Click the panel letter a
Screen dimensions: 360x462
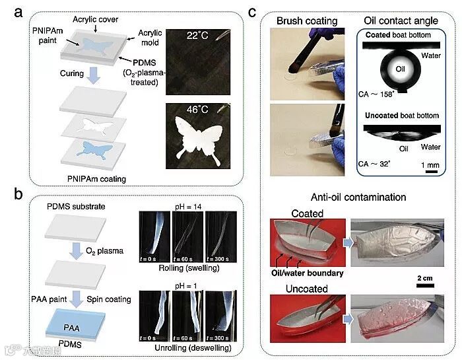pos(11,10)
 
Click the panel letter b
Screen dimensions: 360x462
pos(11,193)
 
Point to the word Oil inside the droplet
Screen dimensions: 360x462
pos(381,68)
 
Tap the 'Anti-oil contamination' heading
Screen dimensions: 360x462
pos(359,196)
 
